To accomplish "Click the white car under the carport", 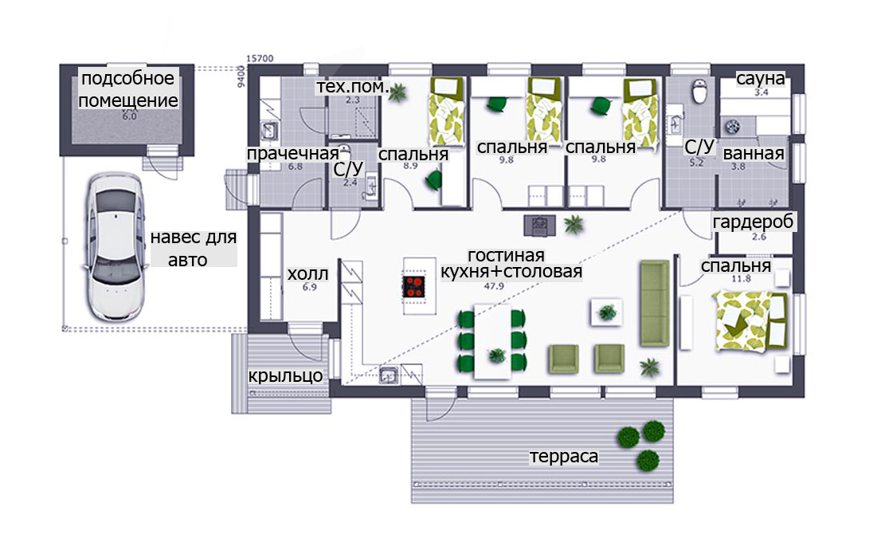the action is (x=116, y=246).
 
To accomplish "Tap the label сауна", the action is (x=760, y=79).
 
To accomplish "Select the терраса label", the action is (x=563, y=456).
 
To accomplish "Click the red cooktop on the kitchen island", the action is (x=415, y=286).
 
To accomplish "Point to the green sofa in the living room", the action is (x=655, y=303).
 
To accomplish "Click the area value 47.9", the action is (x=494, y=286).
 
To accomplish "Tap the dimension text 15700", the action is (x=260, y=58).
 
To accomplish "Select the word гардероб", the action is (x=753, y=222).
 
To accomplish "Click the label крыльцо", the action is (x=285, y=375).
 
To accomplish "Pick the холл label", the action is (x=307, y=274).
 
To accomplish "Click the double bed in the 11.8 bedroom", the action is (x=750, y=321).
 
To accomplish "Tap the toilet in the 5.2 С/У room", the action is (x=699, y=92).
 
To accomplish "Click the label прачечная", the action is (x=292, y=154).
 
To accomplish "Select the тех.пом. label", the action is (x=353, y=87).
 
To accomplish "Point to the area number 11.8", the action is (x=741, y=279).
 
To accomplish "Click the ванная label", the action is (x=754, y=154).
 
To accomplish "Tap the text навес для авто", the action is (x=193, y=249).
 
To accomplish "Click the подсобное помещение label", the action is (x=128, y=89).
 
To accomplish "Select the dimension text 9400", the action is (x=241, y=76).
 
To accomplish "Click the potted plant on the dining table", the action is (x=497, y=355).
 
